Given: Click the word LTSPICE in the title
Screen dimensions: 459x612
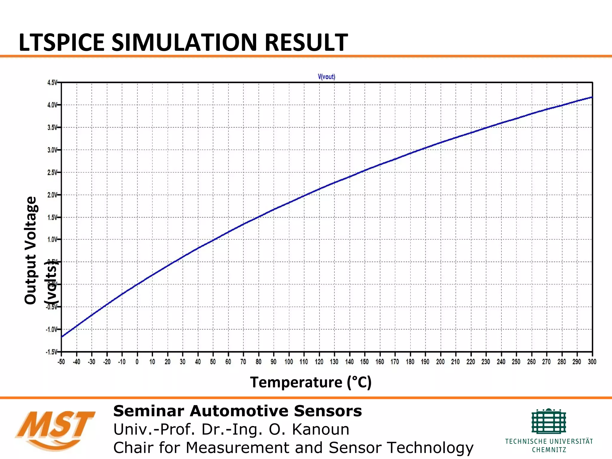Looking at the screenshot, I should click(61, 42).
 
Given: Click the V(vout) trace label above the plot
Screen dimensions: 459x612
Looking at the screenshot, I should click(326, 77).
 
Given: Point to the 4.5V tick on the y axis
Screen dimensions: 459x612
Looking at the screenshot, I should click(52, 82).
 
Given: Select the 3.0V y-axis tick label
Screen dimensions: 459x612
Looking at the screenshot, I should click(52, 150).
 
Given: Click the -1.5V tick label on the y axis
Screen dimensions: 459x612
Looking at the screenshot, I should click(51, 352).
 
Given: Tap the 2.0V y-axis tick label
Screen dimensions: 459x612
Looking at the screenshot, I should click(52, 195).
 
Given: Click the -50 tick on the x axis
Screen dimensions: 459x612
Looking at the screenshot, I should click(61, 362).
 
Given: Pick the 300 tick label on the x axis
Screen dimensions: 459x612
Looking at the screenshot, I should click(592, 362).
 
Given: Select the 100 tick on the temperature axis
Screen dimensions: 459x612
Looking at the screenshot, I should click(289, 362).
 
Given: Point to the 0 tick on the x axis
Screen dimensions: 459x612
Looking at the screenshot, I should click(137, 362).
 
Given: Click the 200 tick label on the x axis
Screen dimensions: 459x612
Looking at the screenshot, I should click(440, 362).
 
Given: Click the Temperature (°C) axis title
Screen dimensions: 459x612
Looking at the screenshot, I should click(311, 382).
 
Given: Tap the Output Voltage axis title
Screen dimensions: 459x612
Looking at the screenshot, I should click(30, 250).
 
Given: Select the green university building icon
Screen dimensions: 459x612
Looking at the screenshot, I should click(549, 421).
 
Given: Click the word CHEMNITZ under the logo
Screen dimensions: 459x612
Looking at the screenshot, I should click(549, 450).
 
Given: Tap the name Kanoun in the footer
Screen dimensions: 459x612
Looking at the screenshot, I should click(320, 429).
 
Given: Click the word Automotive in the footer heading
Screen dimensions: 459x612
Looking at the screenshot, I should click(239, 411).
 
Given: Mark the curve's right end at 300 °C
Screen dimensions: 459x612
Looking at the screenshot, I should click(592, 97).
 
